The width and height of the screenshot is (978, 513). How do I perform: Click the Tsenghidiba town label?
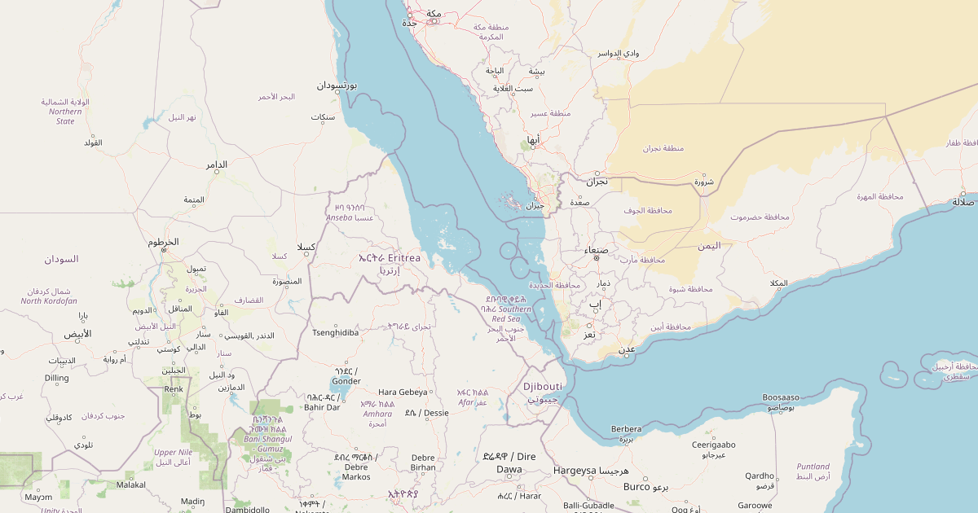(x=336, y=332)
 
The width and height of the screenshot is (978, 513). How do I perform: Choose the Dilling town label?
(x=57, y=378)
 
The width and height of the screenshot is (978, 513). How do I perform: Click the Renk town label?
(x=174, y=389)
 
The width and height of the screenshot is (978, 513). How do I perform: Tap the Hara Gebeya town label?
(x=403, y=392)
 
